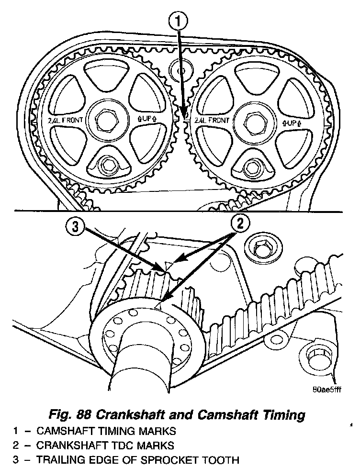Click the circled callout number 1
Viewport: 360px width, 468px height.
coord(178,21)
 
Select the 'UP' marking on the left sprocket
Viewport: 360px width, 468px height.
coord(147,120)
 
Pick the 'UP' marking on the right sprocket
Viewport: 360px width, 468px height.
coord(292,123)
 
